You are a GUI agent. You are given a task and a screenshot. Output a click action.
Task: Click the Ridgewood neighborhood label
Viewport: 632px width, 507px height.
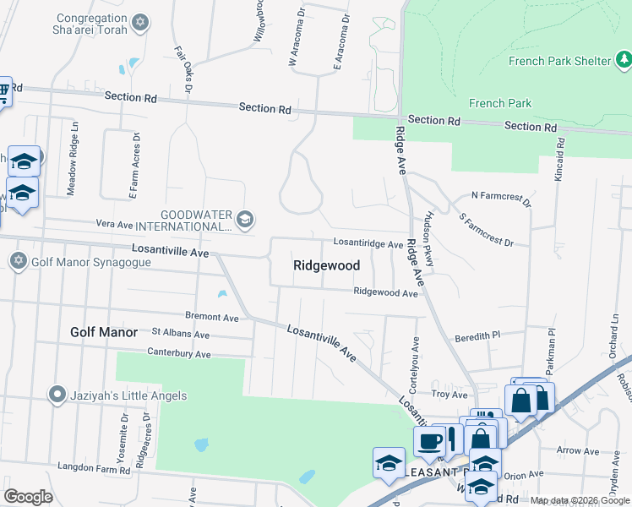point(326,265)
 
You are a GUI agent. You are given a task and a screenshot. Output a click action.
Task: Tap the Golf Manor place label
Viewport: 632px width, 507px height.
point(105,332)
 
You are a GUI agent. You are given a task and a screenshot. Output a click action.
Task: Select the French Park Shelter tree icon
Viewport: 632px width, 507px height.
point(623,60)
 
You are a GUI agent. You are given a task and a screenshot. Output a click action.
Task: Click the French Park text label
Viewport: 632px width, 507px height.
point(500,103)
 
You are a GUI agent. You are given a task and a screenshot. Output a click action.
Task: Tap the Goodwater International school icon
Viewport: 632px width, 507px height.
point(244,220)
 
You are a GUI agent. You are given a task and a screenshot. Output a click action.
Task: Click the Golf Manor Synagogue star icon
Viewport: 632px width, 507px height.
point(18,260)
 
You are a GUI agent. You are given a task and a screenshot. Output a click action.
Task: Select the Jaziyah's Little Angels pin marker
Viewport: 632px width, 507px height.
point(57,395)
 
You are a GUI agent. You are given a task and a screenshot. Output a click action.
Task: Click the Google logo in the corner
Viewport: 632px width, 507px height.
point(28,497)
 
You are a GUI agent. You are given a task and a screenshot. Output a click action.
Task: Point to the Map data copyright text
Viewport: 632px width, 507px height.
point(580,501)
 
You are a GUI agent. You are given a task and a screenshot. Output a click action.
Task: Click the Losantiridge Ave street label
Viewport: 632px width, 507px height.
point(368,244)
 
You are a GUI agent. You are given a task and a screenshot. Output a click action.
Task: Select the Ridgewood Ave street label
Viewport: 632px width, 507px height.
point(386,293)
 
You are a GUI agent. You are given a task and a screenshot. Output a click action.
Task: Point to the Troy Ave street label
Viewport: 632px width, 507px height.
point(449,395)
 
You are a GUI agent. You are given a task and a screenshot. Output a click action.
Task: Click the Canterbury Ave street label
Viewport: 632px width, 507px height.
point(178,353)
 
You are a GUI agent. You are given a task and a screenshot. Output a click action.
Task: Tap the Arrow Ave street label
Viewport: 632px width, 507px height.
point(579,451)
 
